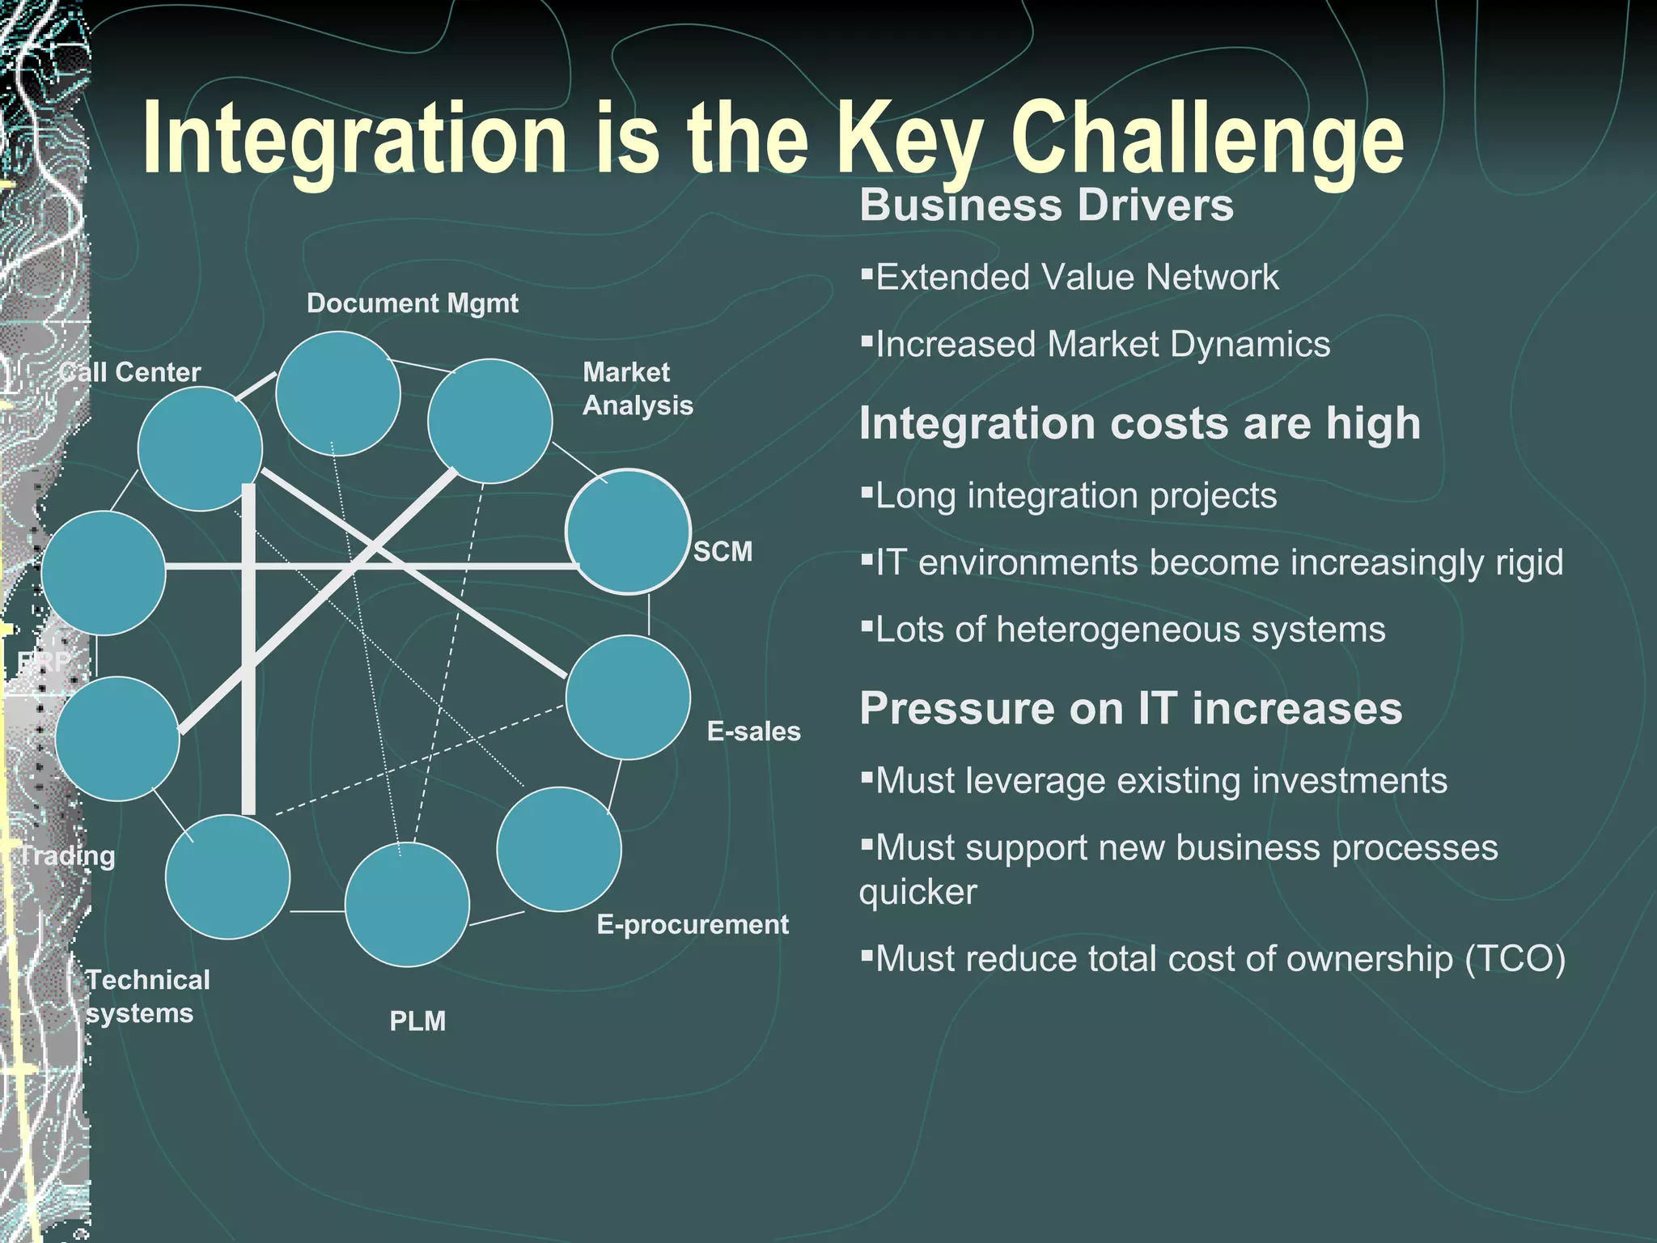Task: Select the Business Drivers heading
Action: (1046, 205)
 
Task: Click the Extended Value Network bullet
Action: (1076, 278)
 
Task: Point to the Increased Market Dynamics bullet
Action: (1102, 345)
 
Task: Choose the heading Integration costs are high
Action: (1139, 423)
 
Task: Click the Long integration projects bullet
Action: (1075, 496)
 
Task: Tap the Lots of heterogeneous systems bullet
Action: (1129, 630)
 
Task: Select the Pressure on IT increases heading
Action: (1130, 709)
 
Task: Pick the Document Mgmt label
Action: (413, 303)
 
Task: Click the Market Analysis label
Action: (638, 388)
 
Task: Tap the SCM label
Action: (723, 552)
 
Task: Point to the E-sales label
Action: (753, 732)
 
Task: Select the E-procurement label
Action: (693, 925)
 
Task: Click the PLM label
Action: (417, 1021)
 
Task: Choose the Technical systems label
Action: (147, 997)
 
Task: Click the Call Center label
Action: (130, 372)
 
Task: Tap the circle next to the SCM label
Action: (628, 532)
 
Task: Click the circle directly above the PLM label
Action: (407, 905)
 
